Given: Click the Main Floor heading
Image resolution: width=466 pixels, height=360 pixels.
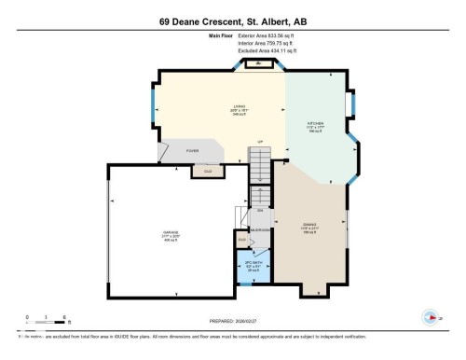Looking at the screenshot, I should pyautogui.click(x=220, y=36).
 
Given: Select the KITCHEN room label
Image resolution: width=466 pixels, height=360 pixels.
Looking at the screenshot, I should pyautogui.click(x=317, y=124).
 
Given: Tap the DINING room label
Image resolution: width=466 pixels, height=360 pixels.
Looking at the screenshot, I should pyautogui.click(x=309, y=226).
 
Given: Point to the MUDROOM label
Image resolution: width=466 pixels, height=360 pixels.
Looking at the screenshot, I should pyautogui.click(x=260, y=229).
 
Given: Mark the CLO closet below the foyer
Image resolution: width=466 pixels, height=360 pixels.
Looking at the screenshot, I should pyautogui.click(x=208, y=171).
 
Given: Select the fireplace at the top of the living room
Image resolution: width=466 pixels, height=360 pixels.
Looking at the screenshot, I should pyautogui.click(x=254, y=64).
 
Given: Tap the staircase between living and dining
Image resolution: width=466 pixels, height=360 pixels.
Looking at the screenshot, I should pyautogui.click(x=261, y=168).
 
